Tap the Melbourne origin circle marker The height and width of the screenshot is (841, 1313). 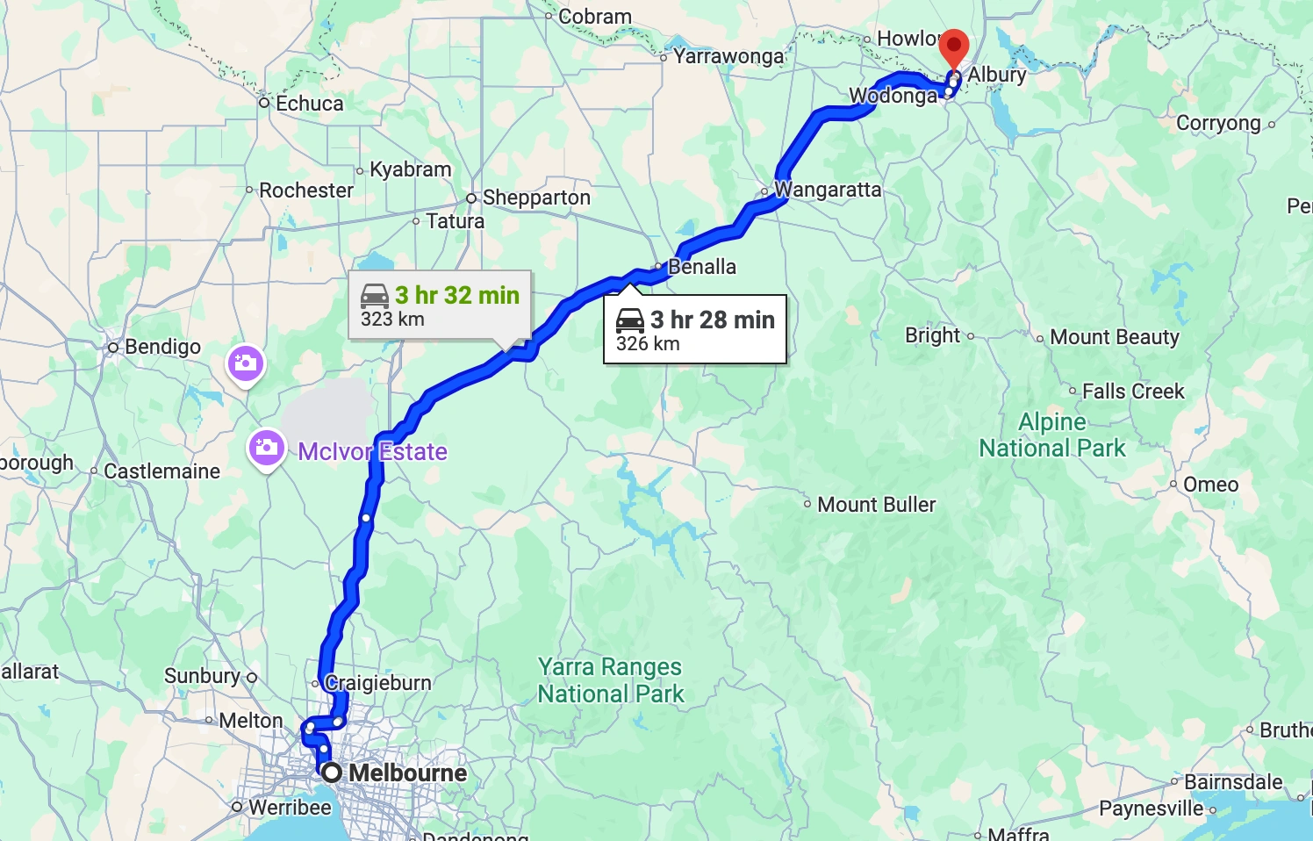tap(332, 773)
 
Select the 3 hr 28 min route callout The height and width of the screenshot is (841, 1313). tap(694, 329)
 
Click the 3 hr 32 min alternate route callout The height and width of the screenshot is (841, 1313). tap(440, 305)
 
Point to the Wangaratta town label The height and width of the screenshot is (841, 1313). tap(827, 190)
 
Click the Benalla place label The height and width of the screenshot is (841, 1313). tap(701, 267)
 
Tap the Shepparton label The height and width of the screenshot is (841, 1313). tap(535, 198)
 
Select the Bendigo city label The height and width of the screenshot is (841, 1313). tap(162, 347)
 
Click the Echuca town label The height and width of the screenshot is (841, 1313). tap(309, 104)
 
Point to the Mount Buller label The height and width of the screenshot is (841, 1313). tap(876, 505)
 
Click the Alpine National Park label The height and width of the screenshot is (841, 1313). tap(1051, 435)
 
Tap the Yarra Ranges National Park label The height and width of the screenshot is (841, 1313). tap(611, 680)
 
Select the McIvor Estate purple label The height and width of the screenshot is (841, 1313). tap(372, 452)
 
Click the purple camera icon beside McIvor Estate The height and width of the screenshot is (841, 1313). tap(267, 449)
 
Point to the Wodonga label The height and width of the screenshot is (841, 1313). tap(893, 96)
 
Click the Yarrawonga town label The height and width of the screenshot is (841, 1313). tap(728, 56)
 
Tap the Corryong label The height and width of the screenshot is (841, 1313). tap(1217, 123)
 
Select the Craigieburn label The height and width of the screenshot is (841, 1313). tap(378, 683)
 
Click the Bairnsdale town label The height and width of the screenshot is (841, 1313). tap(1232, 782)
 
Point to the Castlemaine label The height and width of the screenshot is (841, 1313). tap(161, 471)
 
